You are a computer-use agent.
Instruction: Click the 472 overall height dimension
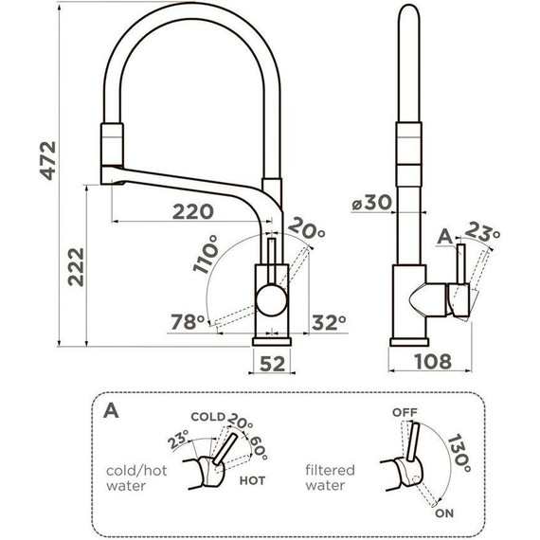click(x=48, y=160)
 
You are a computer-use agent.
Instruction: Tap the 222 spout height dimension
click(x=76, y=267)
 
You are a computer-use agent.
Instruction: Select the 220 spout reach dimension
click(x=193, y=211)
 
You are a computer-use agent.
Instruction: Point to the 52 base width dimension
click(x=273, y=364)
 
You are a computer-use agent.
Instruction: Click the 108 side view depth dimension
click(x=433, y=362)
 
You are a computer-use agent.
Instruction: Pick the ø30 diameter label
click(x=372, y=202)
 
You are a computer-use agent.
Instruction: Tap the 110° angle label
click(x=206, y=254)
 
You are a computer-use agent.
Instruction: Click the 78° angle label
click(x=188, y=322)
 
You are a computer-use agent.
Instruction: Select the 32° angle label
click(x=329, y=323)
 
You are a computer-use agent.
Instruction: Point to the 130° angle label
click(x=459, y=454)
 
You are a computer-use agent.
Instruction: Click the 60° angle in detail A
click(x=258, y=448)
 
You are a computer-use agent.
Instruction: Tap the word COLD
click(x=208, y=417)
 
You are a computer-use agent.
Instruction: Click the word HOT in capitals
click(x=252, y=480)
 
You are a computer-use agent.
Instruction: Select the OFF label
click(x=405, y=412)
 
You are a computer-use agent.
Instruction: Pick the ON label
click(x=444, y=513)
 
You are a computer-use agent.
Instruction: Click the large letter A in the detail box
click(x=111, y=410)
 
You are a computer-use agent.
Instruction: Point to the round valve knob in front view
click(x=272, y=299)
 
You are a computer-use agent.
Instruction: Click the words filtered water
click(x=330, y=477)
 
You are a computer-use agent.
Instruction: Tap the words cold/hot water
click(x=136, y=478)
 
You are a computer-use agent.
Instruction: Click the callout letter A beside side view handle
click(x=445, y=237)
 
